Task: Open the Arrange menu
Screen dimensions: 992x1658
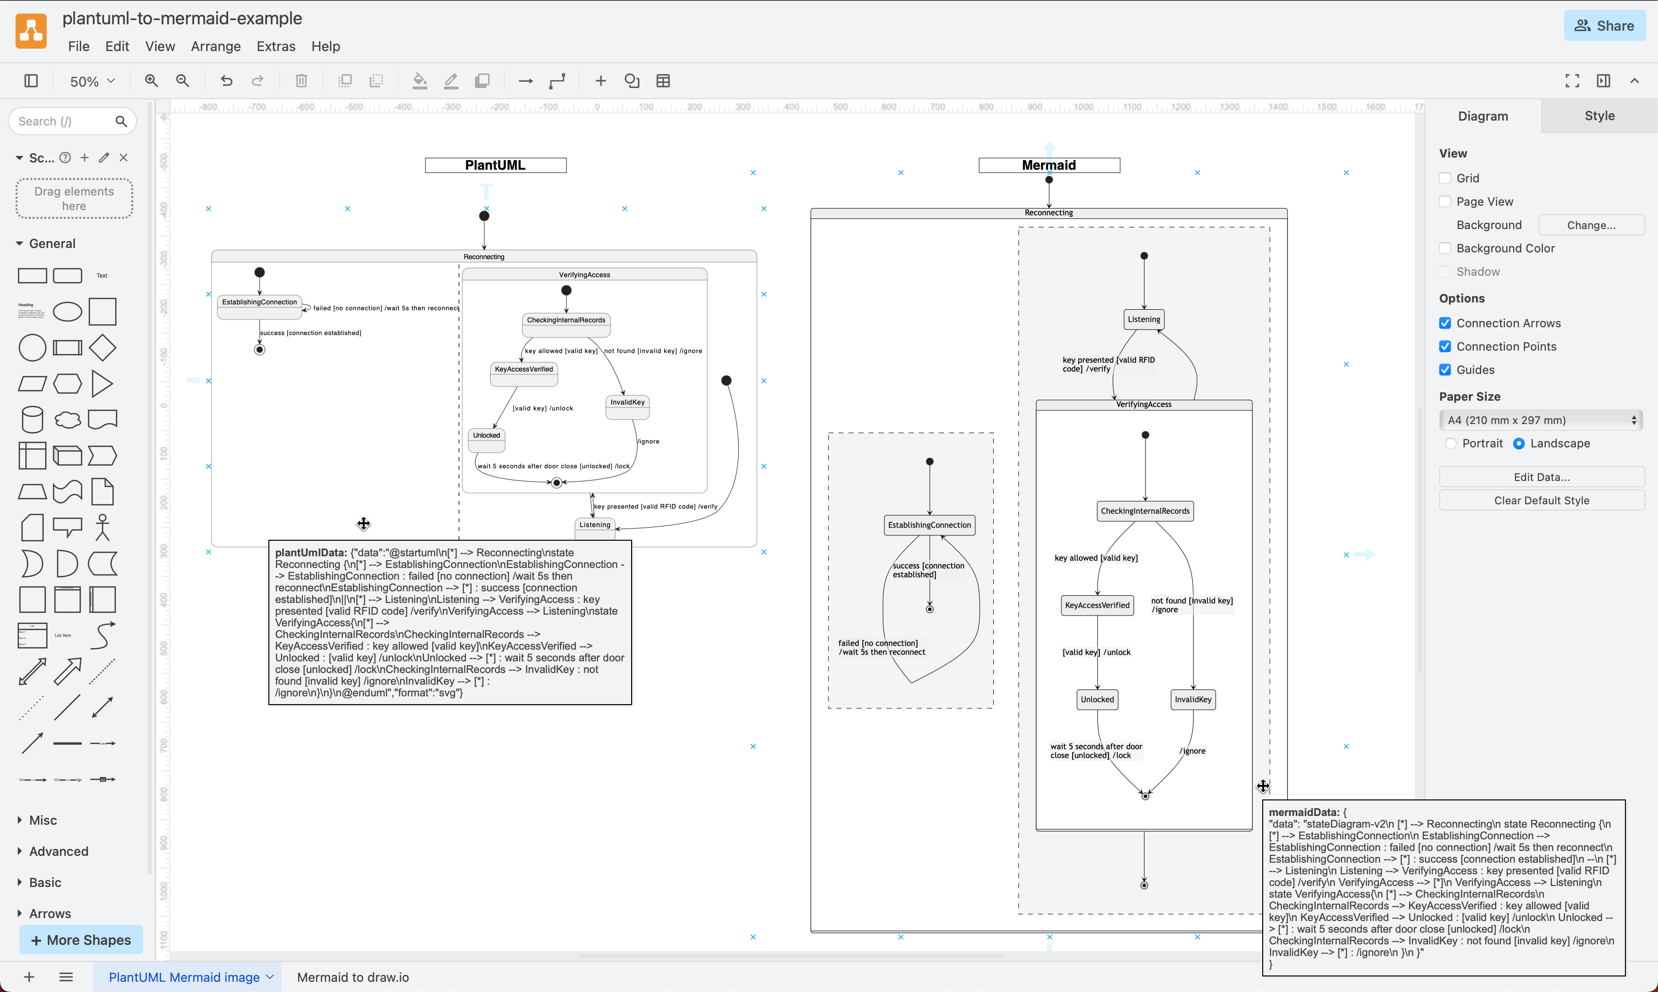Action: tap(215, 46)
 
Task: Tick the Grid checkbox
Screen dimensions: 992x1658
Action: tap(1445, 178)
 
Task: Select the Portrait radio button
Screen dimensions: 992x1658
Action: tap(1450, 443)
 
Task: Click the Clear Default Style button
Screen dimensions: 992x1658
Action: tap(1541, 500)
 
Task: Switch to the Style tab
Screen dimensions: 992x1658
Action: tap(1599, 116)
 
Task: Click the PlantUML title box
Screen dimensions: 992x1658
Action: tap(495, 165)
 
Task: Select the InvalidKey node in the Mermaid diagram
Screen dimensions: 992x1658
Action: tap(1193, 699)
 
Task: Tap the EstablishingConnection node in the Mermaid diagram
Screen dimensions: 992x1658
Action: tap(929, 525)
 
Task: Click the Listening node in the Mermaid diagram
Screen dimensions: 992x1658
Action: tap(1144, 319)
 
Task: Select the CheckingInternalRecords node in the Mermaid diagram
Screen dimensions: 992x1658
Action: tap(1145, 511)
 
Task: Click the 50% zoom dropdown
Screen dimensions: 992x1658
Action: tap(92, 81)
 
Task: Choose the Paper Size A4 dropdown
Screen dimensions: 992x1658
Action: tap(1540, 420)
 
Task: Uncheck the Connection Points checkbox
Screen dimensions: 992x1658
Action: tap(1445, 346)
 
